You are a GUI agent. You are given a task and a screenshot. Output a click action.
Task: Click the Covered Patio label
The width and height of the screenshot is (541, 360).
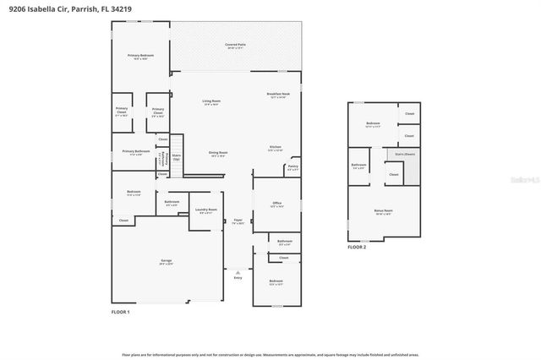click(235, 46)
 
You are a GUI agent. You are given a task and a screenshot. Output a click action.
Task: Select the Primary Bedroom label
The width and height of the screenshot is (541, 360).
click(139, 57)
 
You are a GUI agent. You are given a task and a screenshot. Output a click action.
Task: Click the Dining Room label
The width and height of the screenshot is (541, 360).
click(218, 155)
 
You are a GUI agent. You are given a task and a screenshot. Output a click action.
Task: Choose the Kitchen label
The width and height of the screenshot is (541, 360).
click(276, 149)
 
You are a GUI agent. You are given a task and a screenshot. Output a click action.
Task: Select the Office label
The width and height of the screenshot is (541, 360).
click(276, 205)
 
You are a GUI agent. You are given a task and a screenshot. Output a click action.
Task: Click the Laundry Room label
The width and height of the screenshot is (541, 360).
click(206, 210)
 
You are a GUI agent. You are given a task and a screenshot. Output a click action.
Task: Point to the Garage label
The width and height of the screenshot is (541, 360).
click(167, 262)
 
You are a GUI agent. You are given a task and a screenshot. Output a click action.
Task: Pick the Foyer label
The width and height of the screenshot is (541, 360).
click(238, 221)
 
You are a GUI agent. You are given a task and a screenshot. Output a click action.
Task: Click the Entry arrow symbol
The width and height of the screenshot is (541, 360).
click(238, 273)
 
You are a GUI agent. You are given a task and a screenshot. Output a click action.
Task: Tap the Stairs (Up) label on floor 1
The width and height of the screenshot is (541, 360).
click(177, 157)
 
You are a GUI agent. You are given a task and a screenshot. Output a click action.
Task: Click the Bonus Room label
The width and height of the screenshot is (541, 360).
click(383, 211)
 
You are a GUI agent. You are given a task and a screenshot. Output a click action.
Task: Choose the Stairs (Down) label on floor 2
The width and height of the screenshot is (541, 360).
click(405, 155)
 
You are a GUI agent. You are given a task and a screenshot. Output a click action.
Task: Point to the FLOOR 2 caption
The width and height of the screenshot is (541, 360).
click(357, 247)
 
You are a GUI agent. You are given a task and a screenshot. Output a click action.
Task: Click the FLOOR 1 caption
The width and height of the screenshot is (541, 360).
click(121, 312)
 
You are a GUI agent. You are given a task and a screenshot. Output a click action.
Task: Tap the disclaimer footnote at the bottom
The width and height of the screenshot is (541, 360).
click(270, 355)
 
